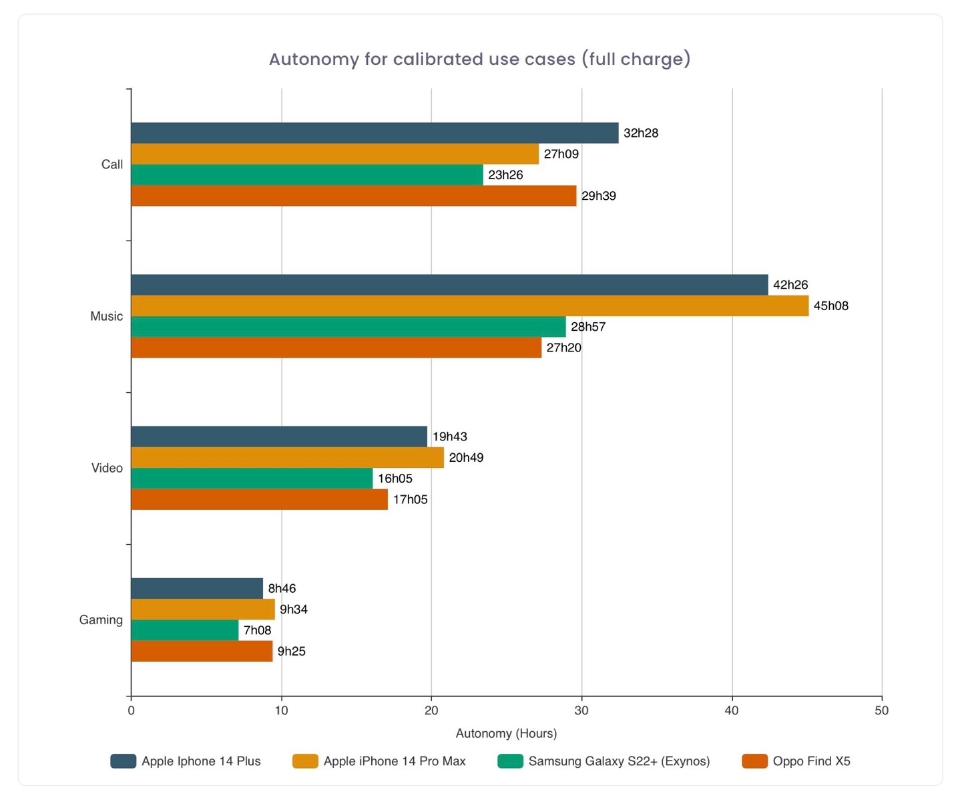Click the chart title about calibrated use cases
479,59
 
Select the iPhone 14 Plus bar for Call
375,133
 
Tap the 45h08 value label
830,306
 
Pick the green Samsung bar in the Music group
348,327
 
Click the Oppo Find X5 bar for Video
259,499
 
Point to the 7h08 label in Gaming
257,630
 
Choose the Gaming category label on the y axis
101,620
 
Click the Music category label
107,316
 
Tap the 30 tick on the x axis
581,710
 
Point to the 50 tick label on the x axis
881,710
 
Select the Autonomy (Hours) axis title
506,733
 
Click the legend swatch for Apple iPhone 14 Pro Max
305,761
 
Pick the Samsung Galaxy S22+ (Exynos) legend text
619,761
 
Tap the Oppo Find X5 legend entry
811,761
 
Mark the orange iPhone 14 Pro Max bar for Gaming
203,610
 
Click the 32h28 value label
641,133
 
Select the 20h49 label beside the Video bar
466,458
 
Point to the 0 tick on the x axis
131,710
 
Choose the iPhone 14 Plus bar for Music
449,285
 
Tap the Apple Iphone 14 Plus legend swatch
124,761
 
